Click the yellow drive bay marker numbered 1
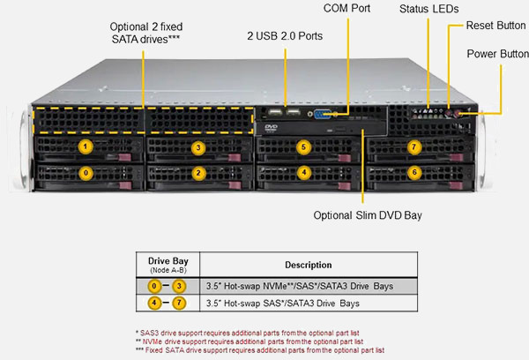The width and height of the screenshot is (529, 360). pos(85,146)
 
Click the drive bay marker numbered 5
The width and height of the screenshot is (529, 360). pos(304,146)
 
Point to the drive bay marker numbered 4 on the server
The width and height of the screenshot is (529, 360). pos(304,173)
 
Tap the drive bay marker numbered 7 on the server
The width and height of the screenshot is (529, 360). pos(415,146)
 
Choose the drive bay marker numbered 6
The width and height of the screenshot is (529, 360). pos(415,173)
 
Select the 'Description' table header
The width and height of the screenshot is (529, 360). pos(309,265)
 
